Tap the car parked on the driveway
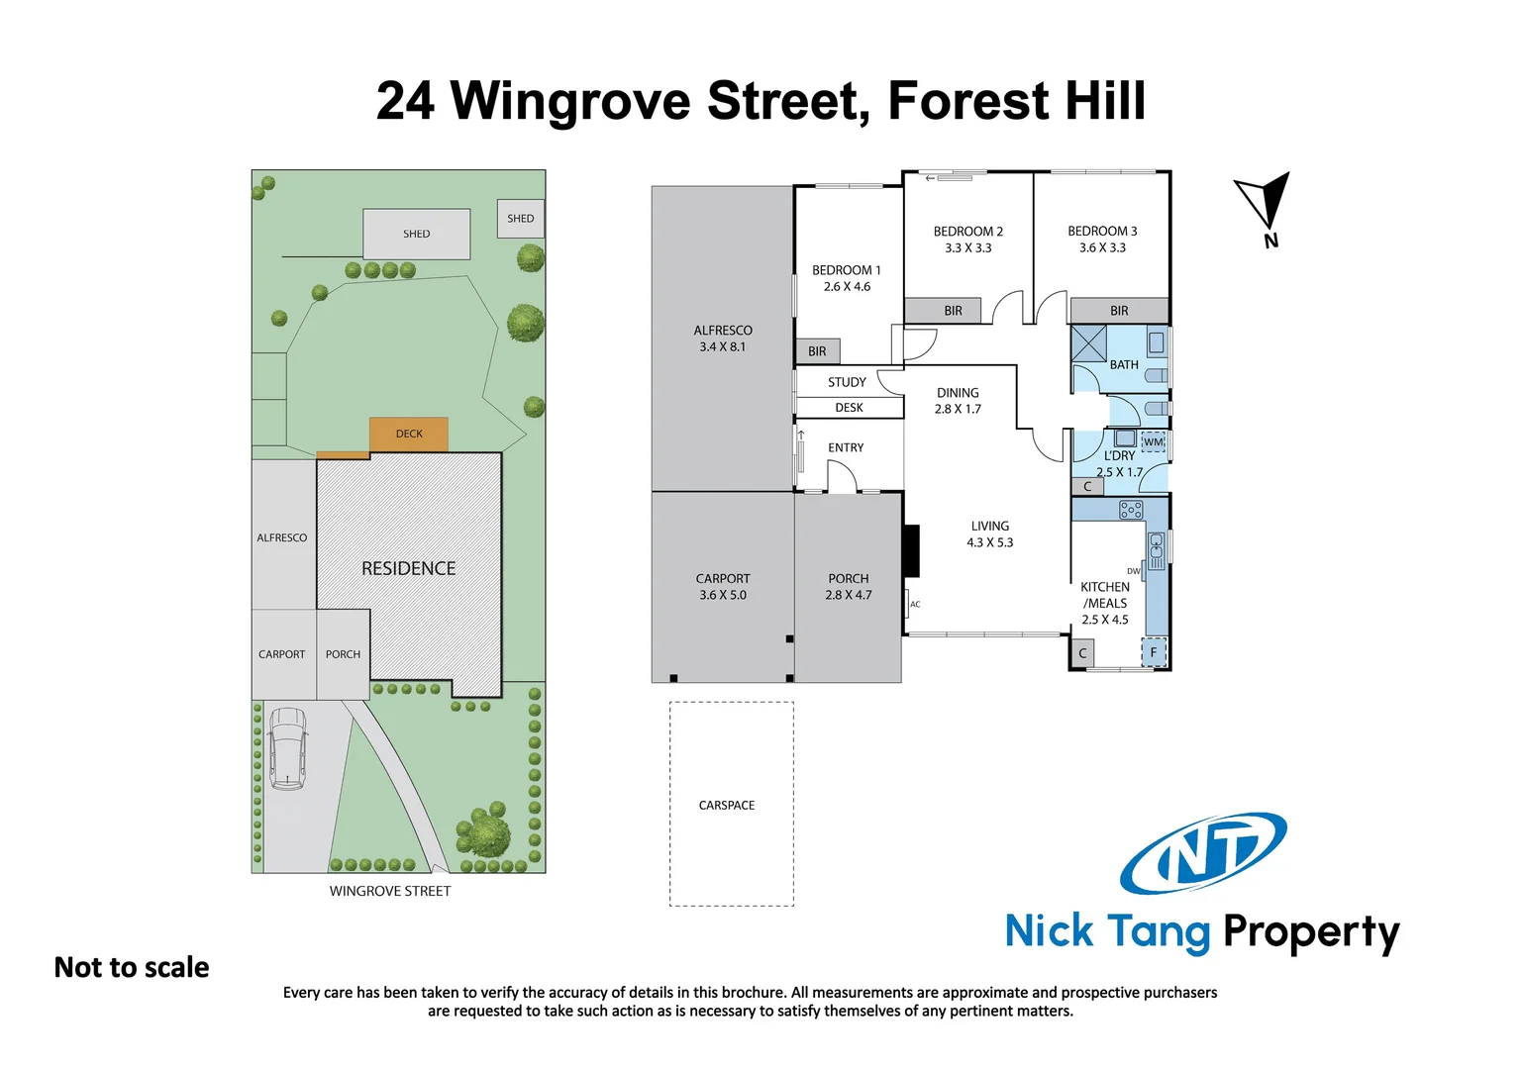pos(287,747)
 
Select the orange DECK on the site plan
pos(409,434)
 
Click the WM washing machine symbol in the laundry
pos(1153,442)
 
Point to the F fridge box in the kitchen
pos(1154,652)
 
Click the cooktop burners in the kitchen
pos(1131,510)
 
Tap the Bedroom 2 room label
pos(967,232)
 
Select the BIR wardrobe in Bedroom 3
pos(1119,311)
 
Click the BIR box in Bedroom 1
pos(817,351)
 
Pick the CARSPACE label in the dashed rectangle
pos(727,806)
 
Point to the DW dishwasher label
pos(1133,571)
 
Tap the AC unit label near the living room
pos(915,604)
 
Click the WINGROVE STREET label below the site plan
pos(390,891)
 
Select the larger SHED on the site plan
pos(416,235)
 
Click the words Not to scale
pos(132,967)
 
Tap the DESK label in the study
pos(849,408)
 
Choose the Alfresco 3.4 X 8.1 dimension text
pos(722,347)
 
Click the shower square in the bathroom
pos(1089,342)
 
